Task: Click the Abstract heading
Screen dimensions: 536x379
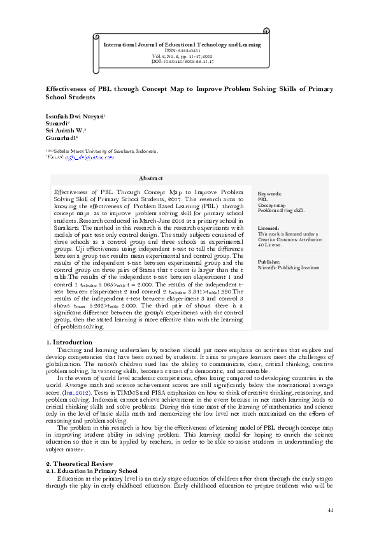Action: coord(150,179)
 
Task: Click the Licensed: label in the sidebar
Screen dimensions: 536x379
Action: coord(269,228)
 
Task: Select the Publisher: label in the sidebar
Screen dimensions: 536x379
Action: coord(270,262)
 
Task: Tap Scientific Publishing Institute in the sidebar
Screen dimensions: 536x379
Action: coord(288,268)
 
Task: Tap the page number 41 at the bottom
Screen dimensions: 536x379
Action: coord(330,510)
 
